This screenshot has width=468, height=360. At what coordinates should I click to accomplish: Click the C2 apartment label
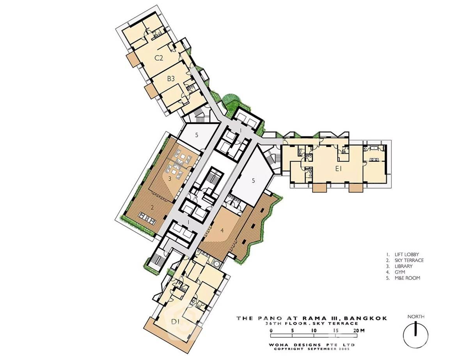(159, 58)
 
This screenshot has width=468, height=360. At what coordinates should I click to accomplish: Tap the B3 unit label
(171, 79)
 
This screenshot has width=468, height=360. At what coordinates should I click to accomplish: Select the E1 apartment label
(339, 169)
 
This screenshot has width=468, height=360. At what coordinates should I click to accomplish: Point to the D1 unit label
(175, 322)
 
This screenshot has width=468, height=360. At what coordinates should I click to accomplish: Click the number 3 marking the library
(170, 179)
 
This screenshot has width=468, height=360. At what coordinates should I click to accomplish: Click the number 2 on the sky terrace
(152, 208)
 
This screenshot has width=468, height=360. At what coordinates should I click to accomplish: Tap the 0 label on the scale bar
(271, 330)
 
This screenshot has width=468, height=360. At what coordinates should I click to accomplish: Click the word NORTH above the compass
(416, 317)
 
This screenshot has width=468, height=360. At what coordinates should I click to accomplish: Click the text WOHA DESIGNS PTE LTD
(312, 345)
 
